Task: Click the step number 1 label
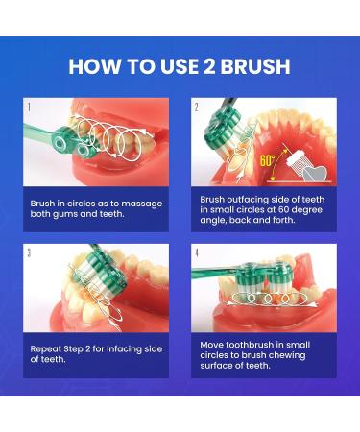coord(29,108)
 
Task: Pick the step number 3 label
coord(29,253)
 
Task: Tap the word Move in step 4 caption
coord(216,341)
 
